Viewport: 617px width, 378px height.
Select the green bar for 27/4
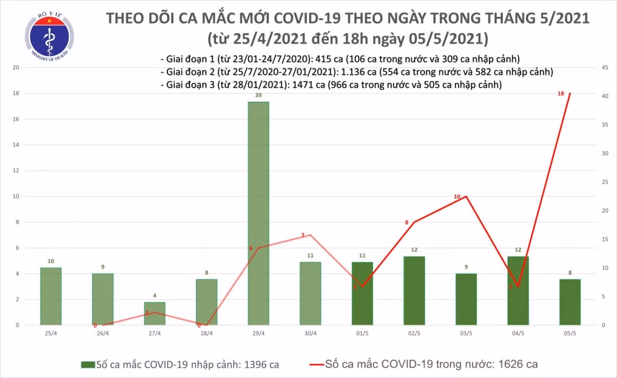click(x=154, y=313)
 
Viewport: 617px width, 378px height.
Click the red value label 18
click(x=561, y=93)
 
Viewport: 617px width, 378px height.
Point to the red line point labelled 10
click(x=466, y=196)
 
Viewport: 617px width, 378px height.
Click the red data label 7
click(x=303, y=235)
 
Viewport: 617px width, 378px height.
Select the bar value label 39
click(x=258, y=96)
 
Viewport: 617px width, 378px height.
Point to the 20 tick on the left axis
click(x=16, y=67)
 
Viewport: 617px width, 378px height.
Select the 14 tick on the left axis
click(x=16, y=145)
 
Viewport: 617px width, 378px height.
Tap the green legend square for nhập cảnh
click(x=87, y=365)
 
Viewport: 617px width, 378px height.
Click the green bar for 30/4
click(x=310, y=293)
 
